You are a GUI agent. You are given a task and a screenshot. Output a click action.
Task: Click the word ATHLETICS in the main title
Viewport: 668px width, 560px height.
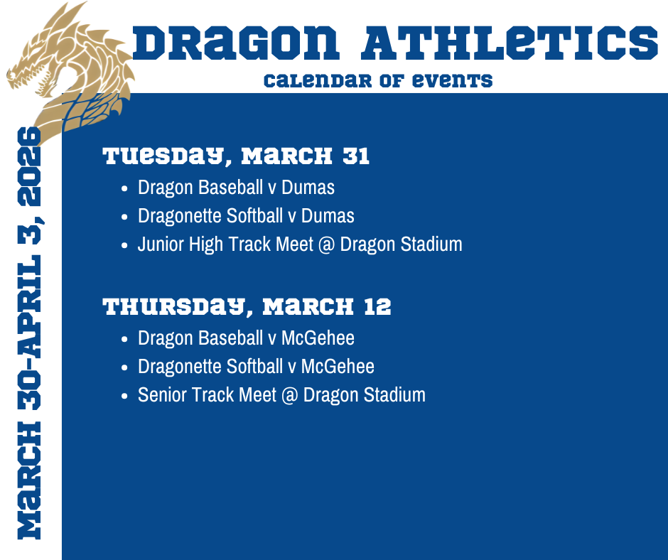point(509,44)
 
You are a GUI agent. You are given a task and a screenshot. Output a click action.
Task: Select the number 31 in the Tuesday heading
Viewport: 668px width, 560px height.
point(356,156)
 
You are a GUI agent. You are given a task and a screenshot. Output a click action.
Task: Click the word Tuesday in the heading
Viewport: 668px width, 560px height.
point(163,156)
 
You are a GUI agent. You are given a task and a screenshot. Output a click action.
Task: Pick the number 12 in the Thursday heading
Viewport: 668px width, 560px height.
point(377,307)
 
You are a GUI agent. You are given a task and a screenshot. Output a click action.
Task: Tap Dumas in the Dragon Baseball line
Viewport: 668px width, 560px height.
point(308,188)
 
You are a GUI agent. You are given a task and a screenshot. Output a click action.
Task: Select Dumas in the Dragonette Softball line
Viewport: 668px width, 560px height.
point(328,215)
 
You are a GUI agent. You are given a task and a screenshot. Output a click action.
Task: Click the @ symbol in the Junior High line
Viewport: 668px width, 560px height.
point(326,244)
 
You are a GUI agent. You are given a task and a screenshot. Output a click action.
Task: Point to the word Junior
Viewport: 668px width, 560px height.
point(163,244)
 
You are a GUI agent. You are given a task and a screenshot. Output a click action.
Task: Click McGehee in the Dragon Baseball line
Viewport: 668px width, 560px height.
point(318,338)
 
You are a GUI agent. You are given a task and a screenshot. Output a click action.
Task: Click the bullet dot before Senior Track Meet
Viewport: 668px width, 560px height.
point(125,396)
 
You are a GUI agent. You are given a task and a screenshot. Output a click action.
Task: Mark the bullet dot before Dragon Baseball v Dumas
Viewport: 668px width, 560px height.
point(125,188)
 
